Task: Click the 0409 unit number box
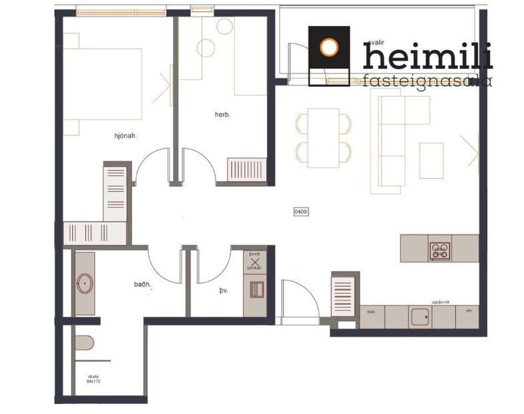pos(301,212)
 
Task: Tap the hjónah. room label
pos(125,136)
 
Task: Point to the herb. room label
pos(222,114)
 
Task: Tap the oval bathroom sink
pos(85,283)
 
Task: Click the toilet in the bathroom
pos(83,343)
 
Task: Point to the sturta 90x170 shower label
pos(93,379)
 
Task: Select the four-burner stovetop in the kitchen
pos(440,250)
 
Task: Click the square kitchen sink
pos(420,317)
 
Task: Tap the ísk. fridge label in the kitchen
pos(372,311)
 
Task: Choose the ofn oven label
pos(469,311)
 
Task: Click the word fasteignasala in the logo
pos(427,81)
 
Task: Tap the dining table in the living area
pos(324,138)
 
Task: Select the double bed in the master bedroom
pos(104,83)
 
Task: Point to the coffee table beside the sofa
pos(431,160)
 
